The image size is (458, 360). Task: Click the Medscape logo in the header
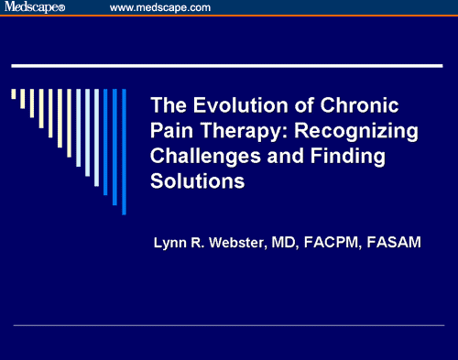tap(37, 8)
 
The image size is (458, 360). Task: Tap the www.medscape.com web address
tap(159, 8)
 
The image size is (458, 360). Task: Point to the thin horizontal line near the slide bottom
tap(229, 325)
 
